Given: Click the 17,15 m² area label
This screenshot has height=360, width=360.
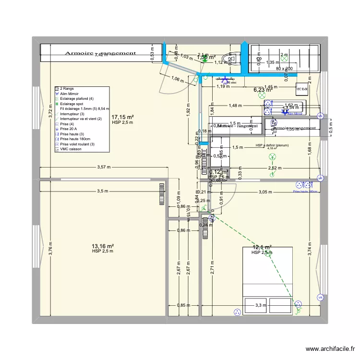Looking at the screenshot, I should pos(122,117).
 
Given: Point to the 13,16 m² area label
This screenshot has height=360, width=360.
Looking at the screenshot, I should pos(103,246).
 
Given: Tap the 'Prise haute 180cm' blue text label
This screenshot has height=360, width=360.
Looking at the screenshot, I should pos(305,192).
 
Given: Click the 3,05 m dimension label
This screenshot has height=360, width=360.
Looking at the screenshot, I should pos(266,192).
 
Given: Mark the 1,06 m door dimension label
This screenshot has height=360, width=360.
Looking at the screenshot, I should pos(177,80).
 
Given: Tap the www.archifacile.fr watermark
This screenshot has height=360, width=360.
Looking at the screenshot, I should pos(329,349).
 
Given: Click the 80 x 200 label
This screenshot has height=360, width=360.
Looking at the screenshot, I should pos(284,69).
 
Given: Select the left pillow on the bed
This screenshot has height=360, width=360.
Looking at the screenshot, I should pos(256,305).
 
